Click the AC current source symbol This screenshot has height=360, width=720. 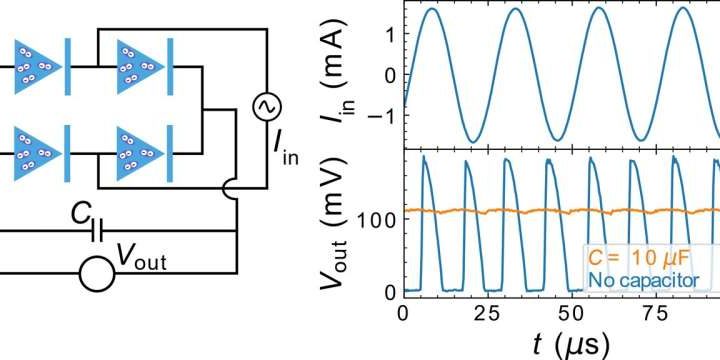click(x=268, y=105)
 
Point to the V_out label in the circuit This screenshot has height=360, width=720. click(x=141, y=261)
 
